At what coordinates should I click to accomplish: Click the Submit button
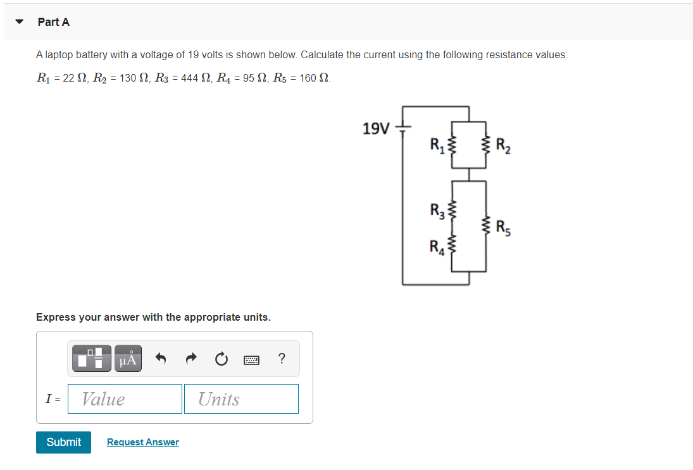pyautogui.click(x=63, y=442)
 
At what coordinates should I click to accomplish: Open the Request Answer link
pyautogui.click(x=142, y=442)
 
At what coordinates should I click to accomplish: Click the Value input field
pyautogui.click(x=125, y=399)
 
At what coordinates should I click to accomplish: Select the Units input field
pyautogui.click(x=241, y=399)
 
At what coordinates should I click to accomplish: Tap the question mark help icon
pyautogui.click(x=282, y=359)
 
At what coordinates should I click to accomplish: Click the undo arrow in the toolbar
pyautogui.click(x=161, y=359)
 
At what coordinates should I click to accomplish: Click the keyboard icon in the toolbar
pyautogui.click(x=252, y=359)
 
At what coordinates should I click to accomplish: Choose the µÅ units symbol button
pyautogui.click(x=127, y=359)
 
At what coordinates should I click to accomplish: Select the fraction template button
pyautogui.click(x=91, y=359)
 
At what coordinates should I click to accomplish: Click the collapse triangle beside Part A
pyautogui.click(x=20, y=22)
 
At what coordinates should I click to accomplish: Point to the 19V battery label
pyautogui.click(x=376, y=129)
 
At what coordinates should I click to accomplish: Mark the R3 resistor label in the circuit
pyautogui.click(x=437, y=209)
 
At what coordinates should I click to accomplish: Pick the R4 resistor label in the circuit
pyautogui.click(x=437, y=245)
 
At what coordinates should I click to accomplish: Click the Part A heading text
pyautogui.click(x=54, y=22)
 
